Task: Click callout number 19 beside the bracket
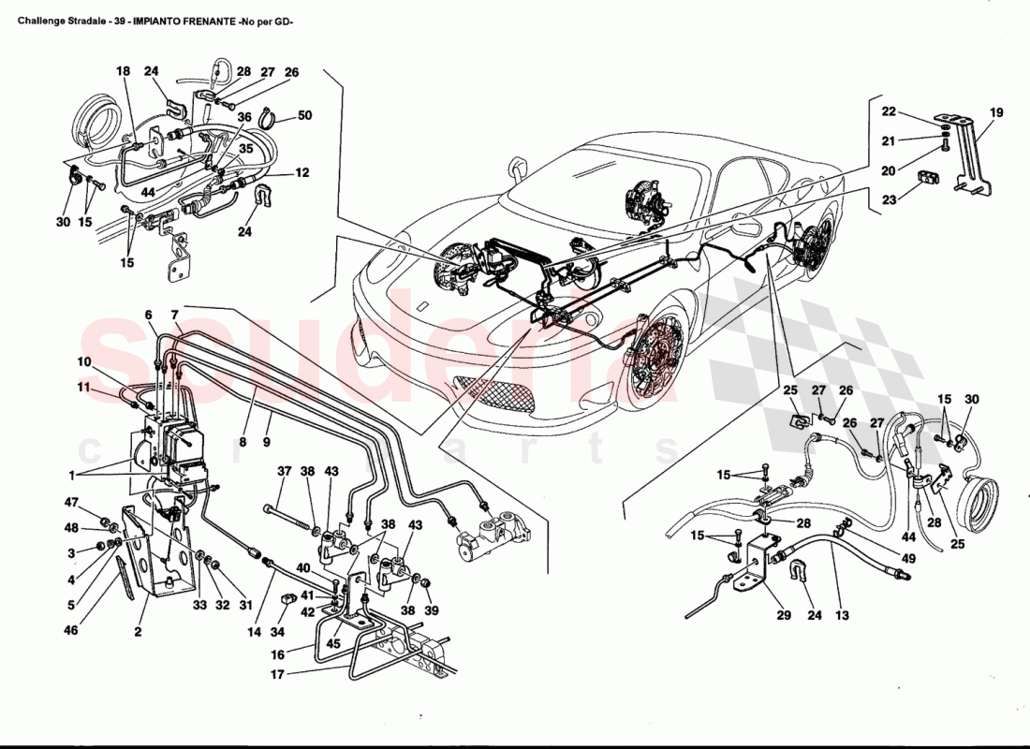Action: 995,112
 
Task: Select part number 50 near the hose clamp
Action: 304,115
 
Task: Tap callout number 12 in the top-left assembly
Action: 302,172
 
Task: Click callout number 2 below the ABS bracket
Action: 138,632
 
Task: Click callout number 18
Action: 124,71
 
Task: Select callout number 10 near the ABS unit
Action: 84,361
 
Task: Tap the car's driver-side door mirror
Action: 516,170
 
